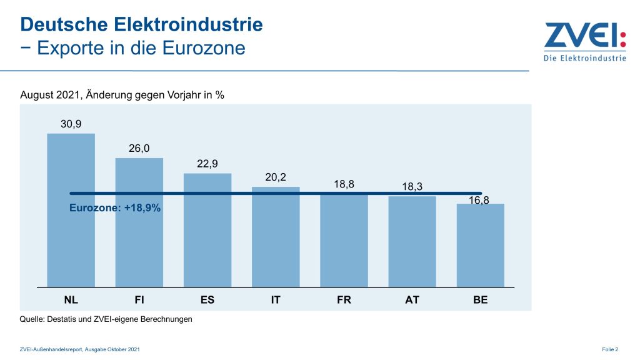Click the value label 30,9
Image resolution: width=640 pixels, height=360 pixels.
tap(71, 124)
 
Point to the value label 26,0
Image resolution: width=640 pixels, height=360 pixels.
tap(139, 149)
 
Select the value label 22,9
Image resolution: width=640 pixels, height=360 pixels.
tap(207, 164)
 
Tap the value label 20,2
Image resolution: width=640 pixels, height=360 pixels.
tap(276, 177)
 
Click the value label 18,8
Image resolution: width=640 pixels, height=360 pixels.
tap(344, 184)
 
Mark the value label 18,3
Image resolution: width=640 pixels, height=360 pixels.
tap(412, 187)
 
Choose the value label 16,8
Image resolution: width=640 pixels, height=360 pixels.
tap(480, 201)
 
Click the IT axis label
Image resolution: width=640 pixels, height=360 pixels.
tap(276, 300)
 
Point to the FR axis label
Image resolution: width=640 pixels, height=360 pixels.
tap(344, 300)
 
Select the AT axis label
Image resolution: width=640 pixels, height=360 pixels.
tap(412, 300)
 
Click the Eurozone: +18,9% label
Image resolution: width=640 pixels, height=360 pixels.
tap(114, 208)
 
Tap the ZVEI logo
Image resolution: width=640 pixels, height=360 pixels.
tap(584, 41)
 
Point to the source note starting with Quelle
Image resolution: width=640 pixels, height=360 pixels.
tap(106, 319)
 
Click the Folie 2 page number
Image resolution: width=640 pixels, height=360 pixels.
tap(610, 349)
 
